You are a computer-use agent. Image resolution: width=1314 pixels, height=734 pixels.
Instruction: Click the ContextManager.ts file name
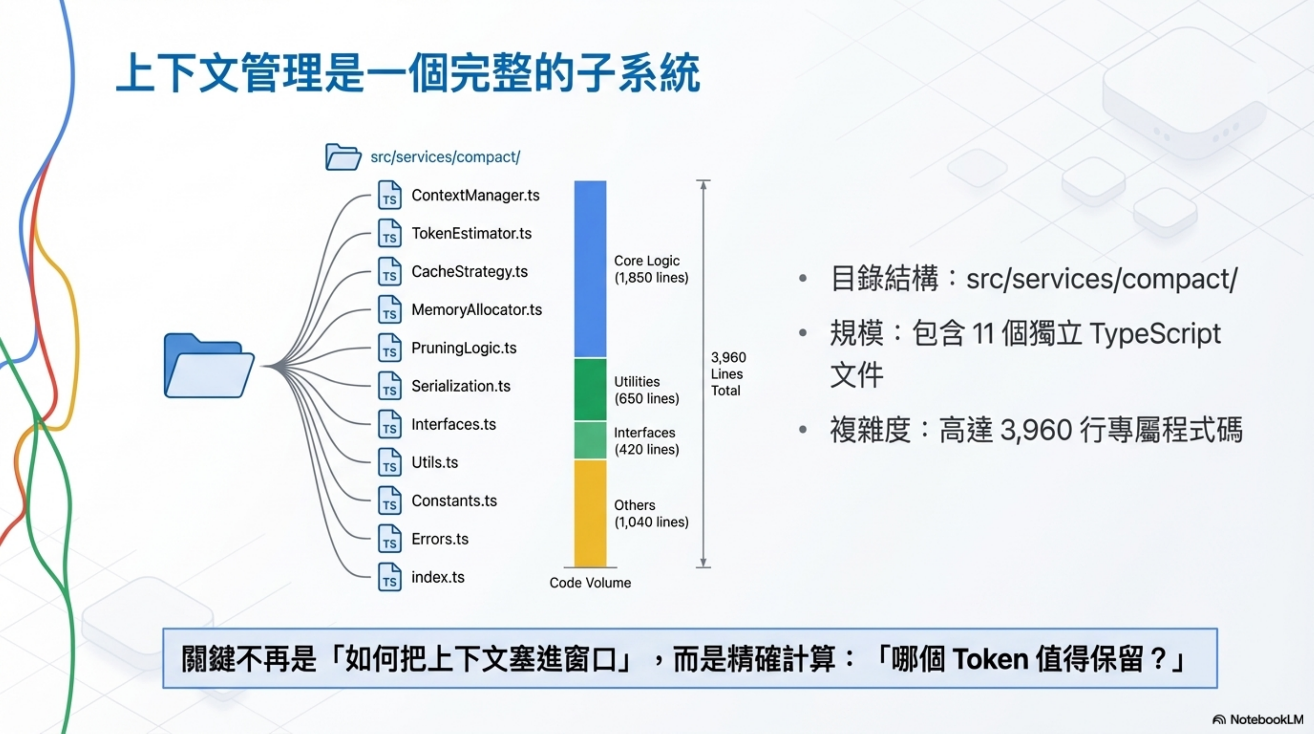475,195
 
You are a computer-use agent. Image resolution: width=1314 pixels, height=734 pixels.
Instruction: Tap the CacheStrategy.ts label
469,271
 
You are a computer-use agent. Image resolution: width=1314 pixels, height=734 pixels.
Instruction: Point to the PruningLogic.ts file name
464,348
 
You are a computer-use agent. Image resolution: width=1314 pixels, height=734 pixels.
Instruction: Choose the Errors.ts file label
440,539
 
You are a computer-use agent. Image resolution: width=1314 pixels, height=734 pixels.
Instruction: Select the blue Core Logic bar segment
590,269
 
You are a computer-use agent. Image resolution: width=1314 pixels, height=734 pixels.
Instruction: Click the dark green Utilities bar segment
590,389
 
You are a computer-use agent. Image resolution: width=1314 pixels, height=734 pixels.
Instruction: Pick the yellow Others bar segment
590,513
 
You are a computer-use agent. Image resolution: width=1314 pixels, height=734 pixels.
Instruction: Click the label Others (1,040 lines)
651,514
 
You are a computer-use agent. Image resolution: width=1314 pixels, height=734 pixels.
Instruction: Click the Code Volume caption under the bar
590,583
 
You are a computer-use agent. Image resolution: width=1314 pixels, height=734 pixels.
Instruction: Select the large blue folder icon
208,366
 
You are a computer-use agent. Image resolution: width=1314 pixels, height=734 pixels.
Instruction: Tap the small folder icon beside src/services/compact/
343,157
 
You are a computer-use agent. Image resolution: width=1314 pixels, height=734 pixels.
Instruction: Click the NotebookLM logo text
1266,720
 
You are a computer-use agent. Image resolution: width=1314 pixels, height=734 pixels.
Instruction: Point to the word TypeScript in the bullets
1155,334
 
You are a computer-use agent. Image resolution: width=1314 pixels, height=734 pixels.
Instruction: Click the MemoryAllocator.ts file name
476,310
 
